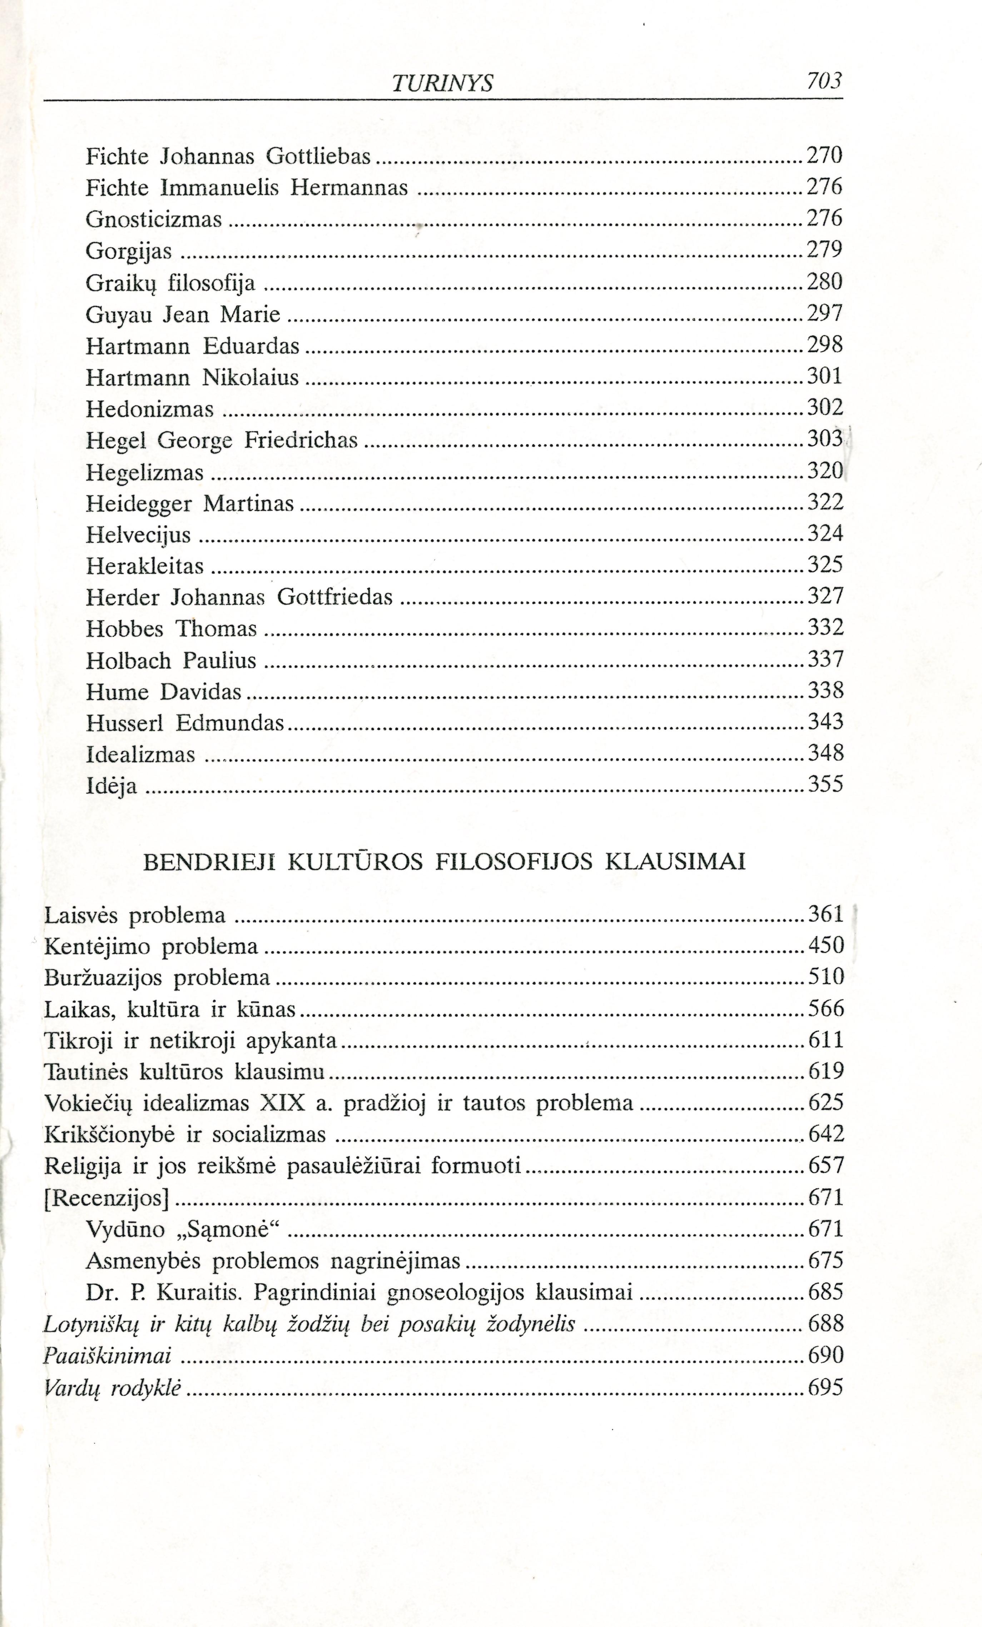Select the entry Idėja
coord(111,786)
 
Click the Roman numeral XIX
coord(283,1103)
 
